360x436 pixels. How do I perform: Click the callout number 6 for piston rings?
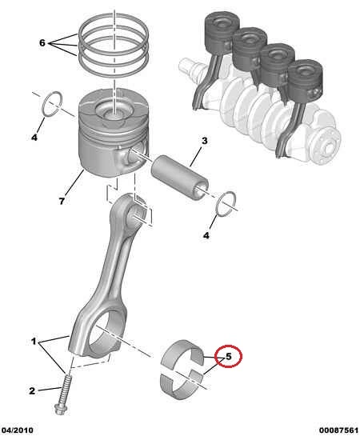point(42,43)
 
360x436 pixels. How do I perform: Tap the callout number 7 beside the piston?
point(62,201)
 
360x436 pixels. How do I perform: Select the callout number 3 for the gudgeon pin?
point(204,141)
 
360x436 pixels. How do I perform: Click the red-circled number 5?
point(229,356)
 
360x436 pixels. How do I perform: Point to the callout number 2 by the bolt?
point(32,390)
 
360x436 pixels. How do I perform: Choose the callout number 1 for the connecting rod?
point(34,341)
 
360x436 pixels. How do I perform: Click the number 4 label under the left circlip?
point(34,137)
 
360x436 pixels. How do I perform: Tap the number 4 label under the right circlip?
point(206,235)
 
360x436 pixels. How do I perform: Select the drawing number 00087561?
point(338,430)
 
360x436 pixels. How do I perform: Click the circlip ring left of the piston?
point(51,104)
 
